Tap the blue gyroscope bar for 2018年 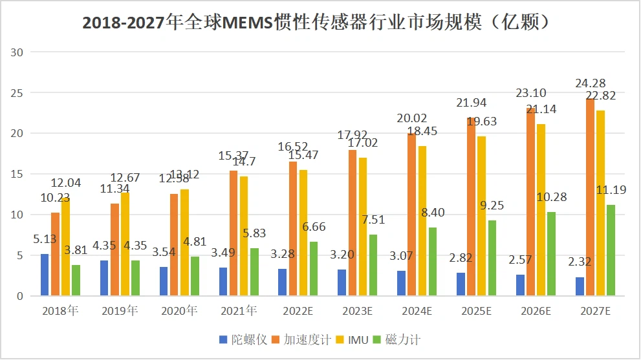coord(45,275)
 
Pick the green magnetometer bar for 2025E coord(492,258)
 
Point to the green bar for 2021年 coord(254,272)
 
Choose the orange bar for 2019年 coord(114,249)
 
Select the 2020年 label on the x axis coord(178,312)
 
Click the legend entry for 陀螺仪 coord(243,339)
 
